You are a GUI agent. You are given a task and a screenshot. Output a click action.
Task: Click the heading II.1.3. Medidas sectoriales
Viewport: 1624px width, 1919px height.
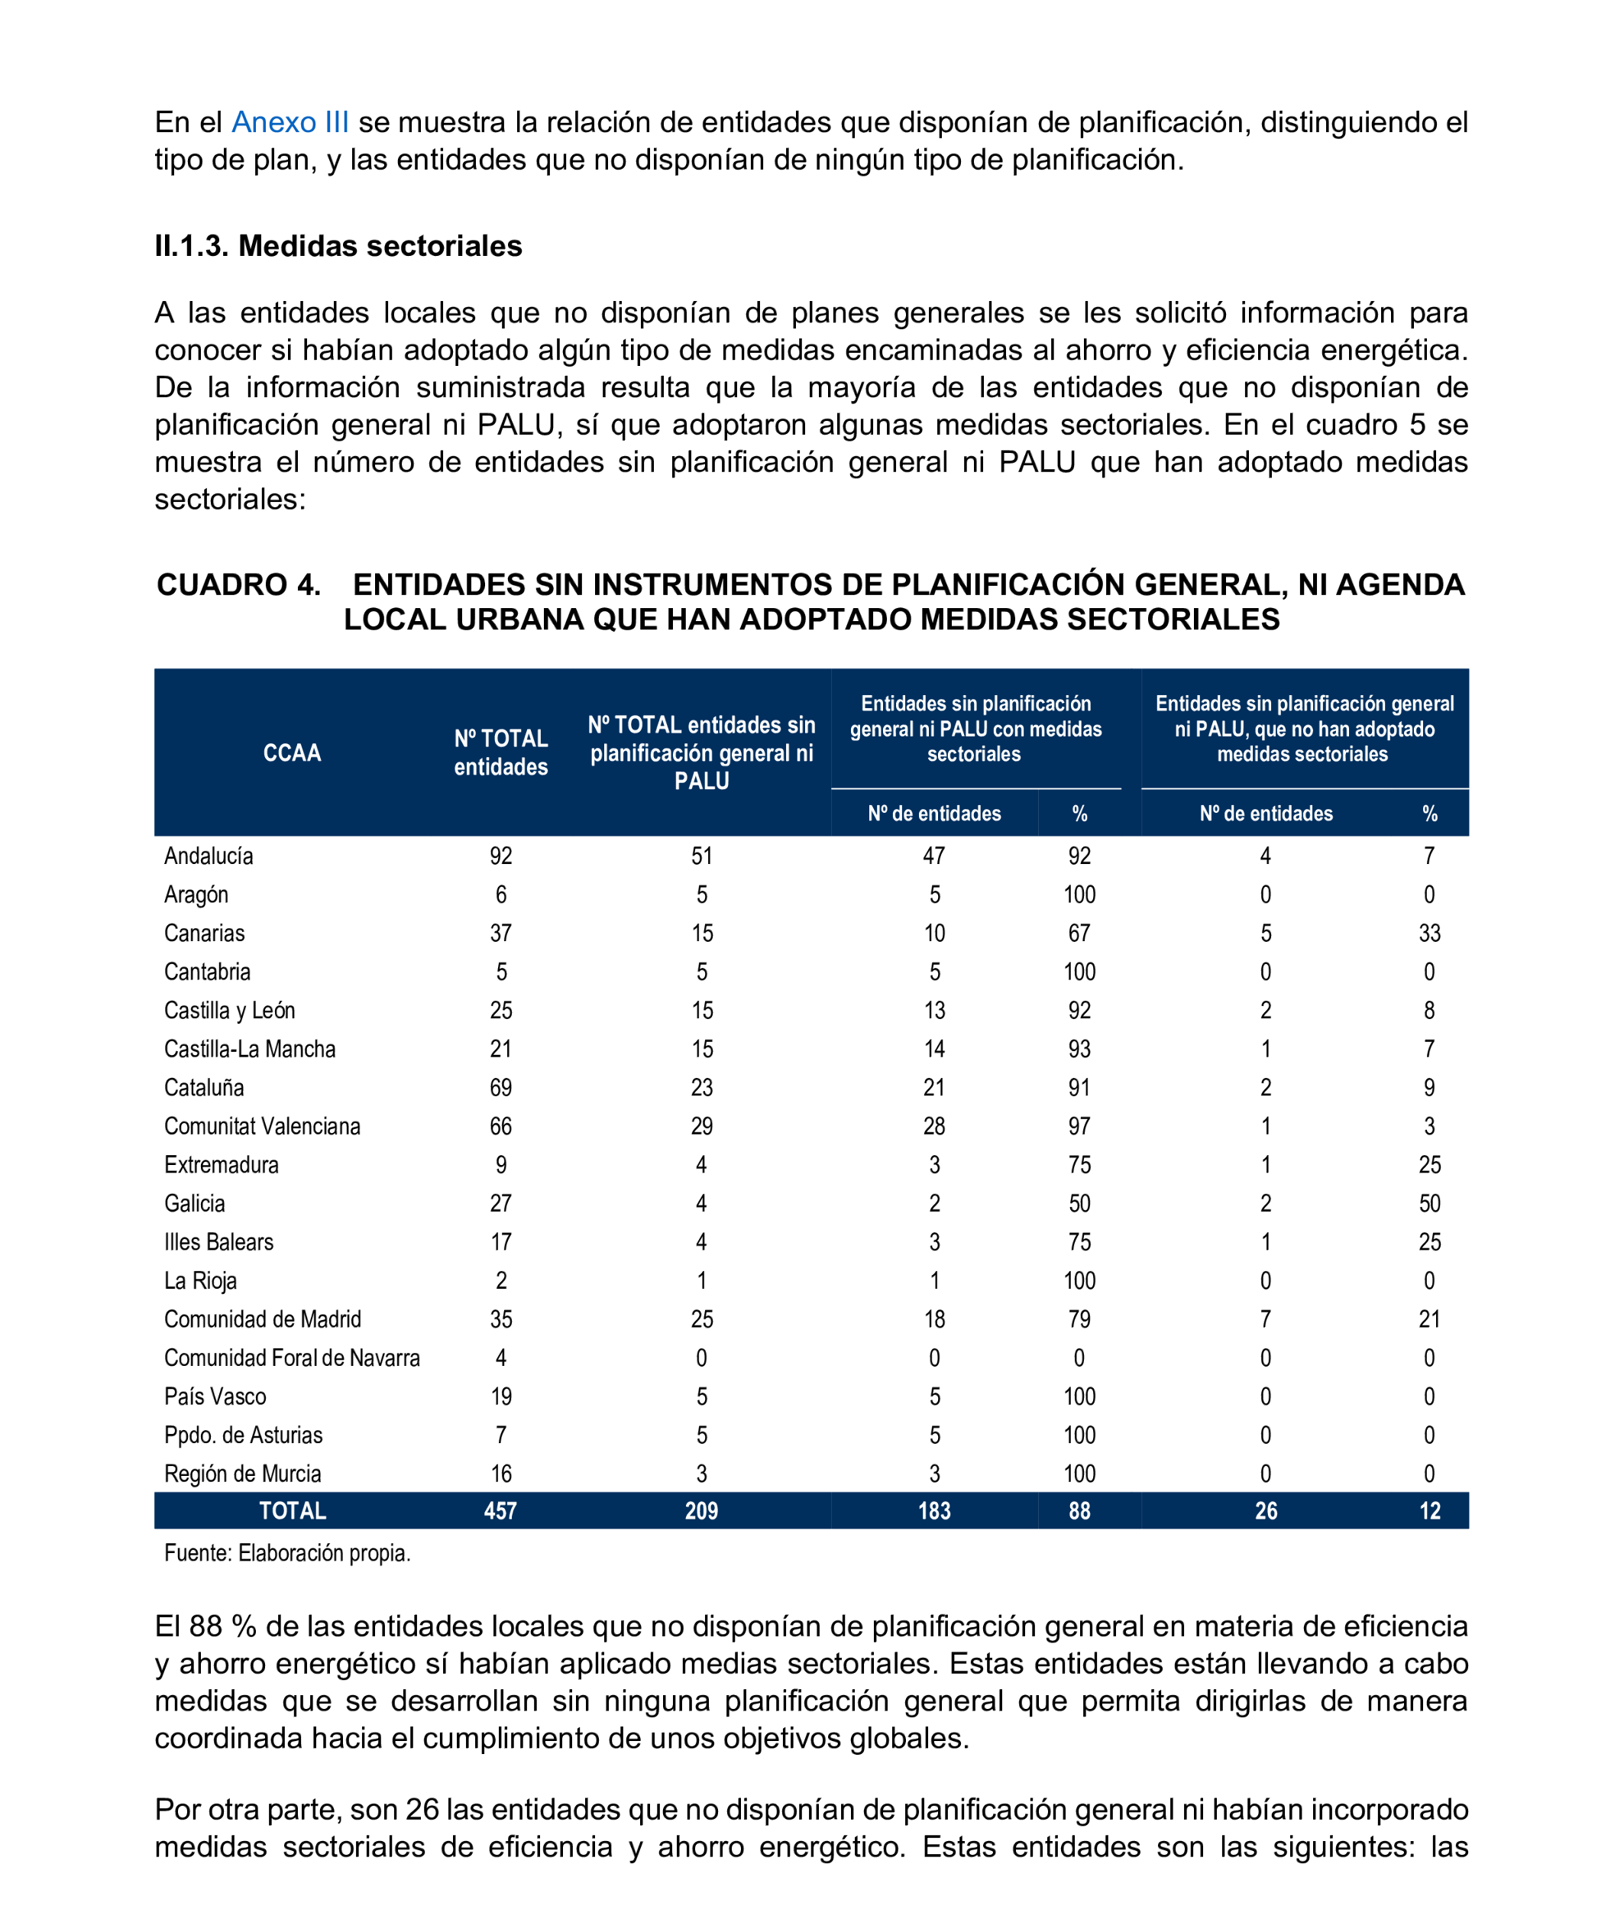pyautogui.click(x=338, y=246)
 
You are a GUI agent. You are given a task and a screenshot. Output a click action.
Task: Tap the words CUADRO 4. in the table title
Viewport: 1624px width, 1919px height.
pyautogui.click(x=238, y=584)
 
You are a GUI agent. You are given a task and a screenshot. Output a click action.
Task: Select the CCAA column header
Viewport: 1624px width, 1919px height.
pyautogui.click(x=292, y=752)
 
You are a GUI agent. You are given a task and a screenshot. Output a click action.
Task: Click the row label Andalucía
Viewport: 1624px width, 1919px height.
pyautogui.click(x=208, y=856)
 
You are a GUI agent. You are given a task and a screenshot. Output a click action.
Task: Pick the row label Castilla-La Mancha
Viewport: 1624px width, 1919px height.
pyautogui.click(x=250, y=1049)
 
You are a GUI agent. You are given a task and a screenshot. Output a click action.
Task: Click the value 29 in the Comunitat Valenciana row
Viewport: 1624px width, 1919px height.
pyautogui.click(x=701, y=1126)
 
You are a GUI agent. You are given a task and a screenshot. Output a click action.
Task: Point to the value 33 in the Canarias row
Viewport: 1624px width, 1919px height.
pyautogui.click(x=1428, y=933)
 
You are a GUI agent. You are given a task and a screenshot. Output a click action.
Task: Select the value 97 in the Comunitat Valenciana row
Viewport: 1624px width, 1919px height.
pyautogui.click(x=1079, y=1126)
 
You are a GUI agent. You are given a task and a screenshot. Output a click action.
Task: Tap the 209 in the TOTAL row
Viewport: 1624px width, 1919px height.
pyautogui.click(x=701, y=1511)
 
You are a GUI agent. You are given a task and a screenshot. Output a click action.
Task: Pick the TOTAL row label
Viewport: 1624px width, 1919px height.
pyautogui.click(x=292, y=1511)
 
